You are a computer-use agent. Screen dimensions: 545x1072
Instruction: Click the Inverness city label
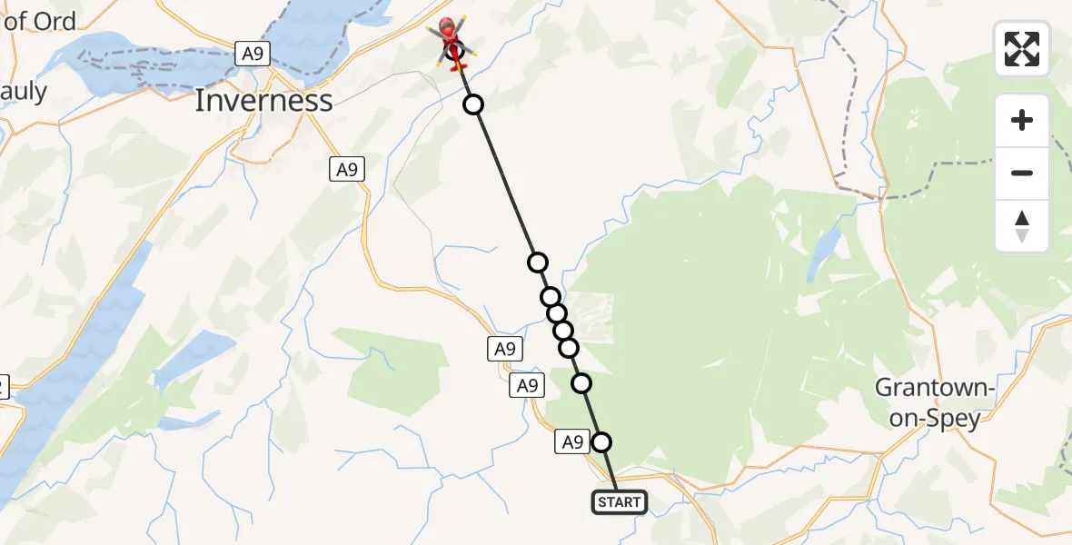pyautogui.click(x=263, y=101)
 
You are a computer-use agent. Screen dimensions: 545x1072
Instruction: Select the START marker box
pyautogui.click(x=620, y=502)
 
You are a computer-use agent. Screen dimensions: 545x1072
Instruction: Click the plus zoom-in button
pyautogui.click(x=1022, y=120)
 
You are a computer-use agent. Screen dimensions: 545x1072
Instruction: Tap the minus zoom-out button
pyautogui.click(x=1022, y=173)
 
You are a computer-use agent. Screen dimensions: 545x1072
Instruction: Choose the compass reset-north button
pyautogui.click(x=1022, y=226)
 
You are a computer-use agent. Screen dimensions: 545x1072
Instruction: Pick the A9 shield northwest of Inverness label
pyautogui.click(x=253, y=54)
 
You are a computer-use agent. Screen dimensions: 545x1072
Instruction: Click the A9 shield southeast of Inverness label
pyautogui.click(x=347, y=168)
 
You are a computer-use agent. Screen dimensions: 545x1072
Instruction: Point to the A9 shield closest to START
pyautogui.click(x=571, y=442)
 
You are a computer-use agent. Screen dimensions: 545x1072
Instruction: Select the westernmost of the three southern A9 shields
pyautogui.click(x=504, y=348)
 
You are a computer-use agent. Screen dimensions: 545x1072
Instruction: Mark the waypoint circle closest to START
pyautogui.click(x=601, y=442)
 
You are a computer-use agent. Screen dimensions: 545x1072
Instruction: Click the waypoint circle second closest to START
pyautogui.click(x=581, y=383)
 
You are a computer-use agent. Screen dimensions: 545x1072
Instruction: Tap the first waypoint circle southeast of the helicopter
pyautogui.click(x=473, y=105)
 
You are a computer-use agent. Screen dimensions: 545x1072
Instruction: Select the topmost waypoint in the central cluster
pyautogui.click(x=538, y=263)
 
